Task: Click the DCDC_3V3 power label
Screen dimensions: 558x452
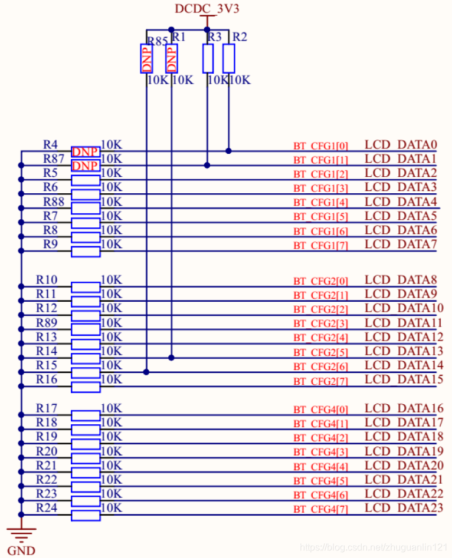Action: (207, 9)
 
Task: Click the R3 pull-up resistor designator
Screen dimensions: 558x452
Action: (214, 37)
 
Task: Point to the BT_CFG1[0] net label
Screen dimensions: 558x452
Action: (321, 146)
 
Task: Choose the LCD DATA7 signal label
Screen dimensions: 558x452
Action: (401, 244)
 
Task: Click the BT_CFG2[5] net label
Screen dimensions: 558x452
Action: (321, 352)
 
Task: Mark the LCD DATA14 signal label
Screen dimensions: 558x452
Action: (404, 365)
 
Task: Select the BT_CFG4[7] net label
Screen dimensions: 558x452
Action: (321, 509)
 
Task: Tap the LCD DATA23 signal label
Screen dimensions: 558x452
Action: (404, 508)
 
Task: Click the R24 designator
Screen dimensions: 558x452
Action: (47, 507)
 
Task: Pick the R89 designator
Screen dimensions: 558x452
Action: (47, 322)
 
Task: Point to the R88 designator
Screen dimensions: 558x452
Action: (54, 202)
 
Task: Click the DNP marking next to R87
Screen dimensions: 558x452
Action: (86, 166)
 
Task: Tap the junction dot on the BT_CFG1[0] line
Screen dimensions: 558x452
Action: (228, 151)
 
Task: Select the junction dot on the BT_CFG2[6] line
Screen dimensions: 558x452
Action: (146, 372)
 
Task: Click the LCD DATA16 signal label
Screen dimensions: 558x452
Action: (404, 408)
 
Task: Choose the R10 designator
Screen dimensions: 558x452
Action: (47, 279)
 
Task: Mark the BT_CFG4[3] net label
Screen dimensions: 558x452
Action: (321, 452)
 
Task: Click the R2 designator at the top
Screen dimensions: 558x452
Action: (240, 37)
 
